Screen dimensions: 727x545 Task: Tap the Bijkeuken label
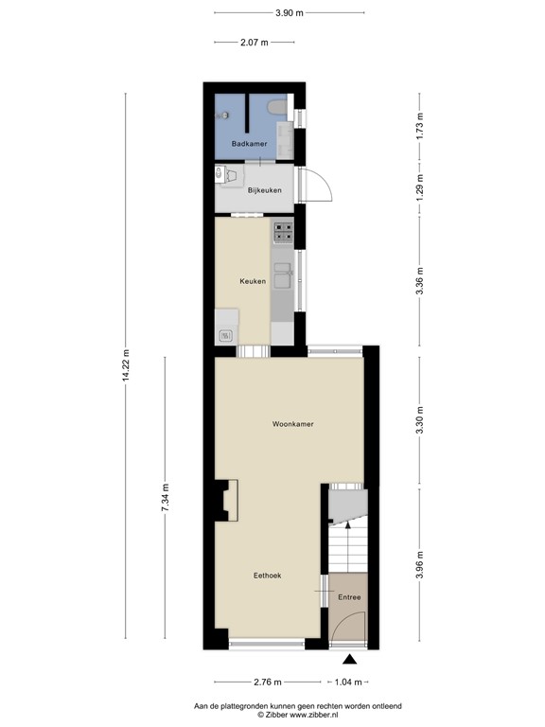264,190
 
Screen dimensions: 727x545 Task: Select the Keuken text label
252,281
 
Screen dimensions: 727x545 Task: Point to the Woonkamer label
292,424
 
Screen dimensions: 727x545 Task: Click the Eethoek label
267,575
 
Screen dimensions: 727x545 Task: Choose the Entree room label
349,597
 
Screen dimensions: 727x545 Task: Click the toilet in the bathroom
277,110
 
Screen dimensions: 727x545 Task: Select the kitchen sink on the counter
283,278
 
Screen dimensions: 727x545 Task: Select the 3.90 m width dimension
290,13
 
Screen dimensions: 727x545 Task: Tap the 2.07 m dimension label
255,43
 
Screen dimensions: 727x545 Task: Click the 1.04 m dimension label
348,681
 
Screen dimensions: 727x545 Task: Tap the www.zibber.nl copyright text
284,716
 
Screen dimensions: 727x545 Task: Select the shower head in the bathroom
224,115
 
